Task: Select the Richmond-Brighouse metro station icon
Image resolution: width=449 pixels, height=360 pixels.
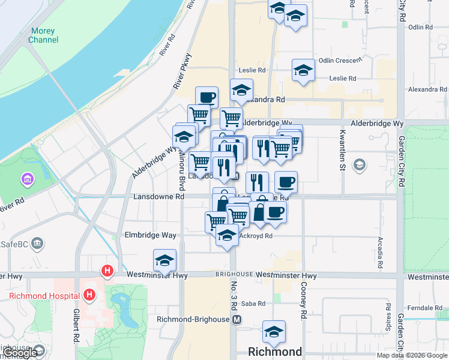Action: click(238, 319)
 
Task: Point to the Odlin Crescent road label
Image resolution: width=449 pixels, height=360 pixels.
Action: click(340, 61)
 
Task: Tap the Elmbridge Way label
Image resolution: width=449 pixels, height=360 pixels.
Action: click(150, 235)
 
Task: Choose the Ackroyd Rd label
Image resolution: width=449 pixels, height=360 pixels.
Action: click(256, 236)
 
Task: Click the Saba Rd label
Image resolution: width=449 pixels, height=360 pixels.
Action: click(253, 304)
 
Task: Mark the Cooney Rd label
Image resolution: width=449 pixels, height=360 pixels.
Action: click(304, 304)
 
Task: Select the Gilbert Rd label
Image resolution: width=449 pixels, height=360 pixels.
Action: click(77, 333)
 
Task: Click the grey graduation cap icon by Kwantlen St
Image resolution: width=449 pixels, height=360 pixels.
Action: click(360, 164)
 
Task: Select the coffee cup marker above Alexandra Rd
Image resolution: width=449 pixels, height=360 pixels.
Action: click(206, 97)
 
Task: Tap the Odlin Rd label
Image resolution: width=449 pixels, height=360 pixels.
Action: click(420, 27)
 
